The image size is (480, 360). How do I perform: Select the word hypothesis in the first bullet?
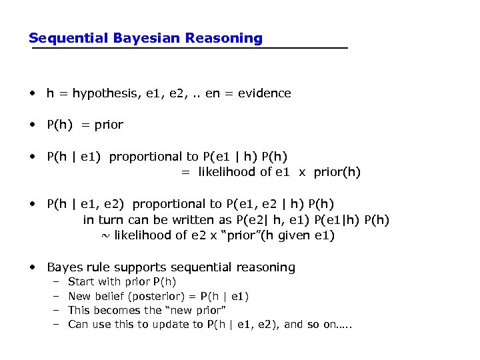point(103,93)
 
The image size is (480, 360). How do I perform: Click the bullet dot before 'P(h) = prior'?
point(32,125)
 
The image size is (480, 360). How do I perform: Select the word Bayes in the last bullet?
point(65,267)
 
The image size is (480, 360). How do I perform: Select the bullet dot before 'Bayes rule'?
point(32,267)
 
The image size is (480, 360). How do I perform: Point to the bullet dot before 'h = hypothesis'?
point(32,93)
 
